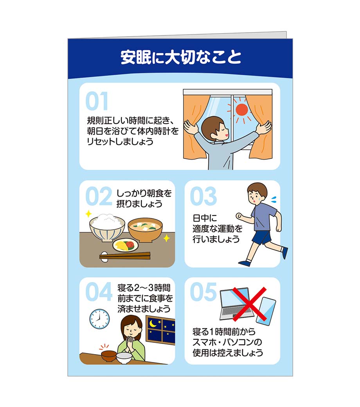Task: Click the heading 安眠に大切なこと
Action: [181, 58]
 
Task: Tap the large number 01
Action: [97, 101]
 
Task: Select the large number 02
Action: [98, 196]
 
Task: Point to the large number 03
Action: [203, 196]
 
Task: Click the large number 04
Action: [99, 292]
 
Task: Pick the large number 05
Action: [203, 292]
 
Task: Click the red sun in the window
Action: [241, 110]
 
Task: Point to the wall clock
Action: [100, 319]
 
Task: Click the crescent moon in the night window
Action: [153, 324]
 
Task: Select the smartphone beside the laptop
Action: [266, 311]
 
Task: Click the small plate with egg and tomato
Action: [126, 245]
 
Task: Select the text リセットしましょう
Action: [120, 141]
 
